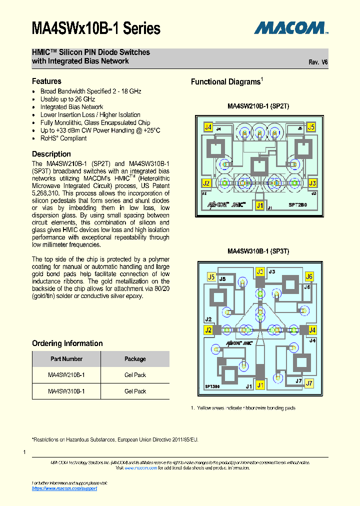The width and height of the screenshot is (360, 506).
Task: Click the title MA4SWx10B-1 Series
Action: click(96, 28)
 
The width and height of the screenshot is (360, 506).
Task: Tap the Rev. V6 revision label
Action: click(318, 62)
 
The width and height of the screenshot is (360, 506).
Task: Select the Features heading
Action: click(46, 81)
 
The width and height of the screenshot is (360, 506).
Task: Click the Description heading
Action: click(51, 154)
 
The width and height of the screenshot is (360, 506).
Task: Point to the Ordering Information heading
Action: click(67, 343)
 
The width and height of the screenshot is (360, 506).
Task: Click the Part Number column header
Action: click(66, 359)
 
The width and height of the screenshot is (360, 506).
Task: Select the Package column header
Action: click(135, 359)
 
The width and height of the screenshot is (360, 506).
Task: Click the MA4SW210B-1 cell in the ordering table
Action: click(66, 375)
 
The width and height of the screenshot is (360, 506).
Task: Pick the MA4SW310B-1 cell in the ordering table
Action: click(66, 391)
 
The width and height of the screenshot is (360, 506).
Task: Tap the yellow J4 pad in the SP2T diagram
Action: click(208, 127)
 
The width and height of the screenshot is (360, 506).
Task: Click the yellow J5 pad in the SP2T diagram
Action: click(311, 127)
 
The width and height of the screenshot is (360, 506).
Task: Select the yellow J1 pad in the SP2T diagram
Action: click(259, 205)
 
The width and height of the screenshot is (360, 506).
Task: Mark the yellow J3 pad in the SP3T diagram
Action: click(260, 272)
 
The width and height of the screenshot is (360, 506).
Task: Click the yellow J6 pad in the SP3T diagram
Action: click(309, 276)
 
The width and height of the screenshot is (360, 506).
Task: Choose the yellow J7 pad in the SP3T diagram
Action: click(309, 383)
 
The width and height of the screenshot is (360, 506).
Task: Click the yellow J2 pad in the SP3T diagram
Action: click(208, 330)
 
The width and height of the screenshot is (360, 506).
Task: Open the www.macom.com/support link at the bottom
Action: click(64, 488)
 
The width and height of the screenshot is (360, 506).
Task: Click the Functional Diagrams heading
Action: click(226, 82)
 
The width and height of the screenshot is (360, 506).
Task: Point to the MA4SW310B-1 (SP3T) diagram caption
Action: click(258, 251)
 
